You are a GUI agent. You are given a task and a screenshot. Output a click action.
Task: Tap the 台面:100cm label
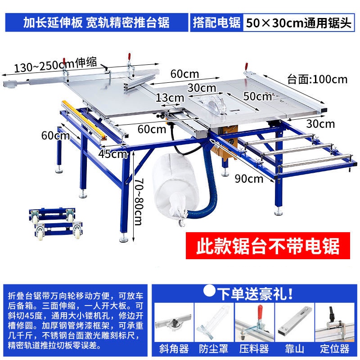(x=317, y=80)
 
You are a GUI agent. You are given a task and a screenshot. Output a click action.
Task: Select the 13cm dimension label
(x=170, y=98)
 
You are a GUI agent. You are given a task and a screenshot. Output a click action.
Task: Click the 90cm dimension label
(x=249, y=178)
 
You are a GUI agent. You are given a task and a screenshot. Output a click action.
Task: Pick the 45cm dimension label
(x=113, y=154)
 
